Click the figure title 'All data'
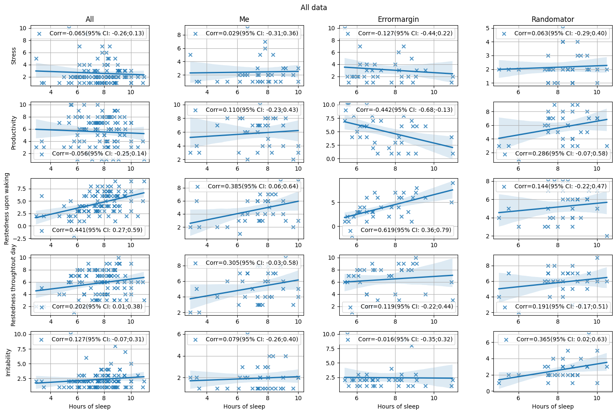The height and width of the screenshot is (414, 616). [314, 8]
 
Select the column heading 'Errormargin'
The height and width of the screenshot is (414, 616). [398, 19]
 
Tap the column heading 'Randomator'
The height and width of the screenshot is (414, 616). [553, 19]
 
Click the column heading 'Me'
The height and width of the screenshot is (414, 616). [244, 19]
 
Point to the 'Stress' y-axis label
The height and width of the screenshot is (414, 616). [13, 56]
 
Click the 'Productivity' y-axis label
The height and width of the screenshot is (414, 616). [13, 132]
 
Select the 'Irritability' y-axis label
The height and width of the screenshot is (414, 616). [8, 362]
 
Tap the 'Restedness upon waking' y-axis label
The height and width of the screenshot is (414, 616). [7, 208]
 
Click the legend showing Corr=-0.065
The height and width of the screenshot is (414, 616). [89, 33]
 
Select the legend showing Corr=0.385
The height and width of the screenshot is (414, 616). [244, 186]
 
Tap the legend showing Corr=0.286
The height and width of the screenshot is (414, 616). [553, 154]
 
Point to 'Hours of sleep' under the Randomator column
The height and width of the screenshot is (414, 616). [553, 406]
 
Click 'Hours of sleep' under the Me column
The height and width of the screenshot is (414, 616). [244, 406]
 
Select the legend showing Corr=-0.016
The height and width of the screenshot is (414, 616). [397, 339]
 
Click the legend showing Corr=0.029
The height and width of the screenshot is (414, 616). [244, 33]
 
